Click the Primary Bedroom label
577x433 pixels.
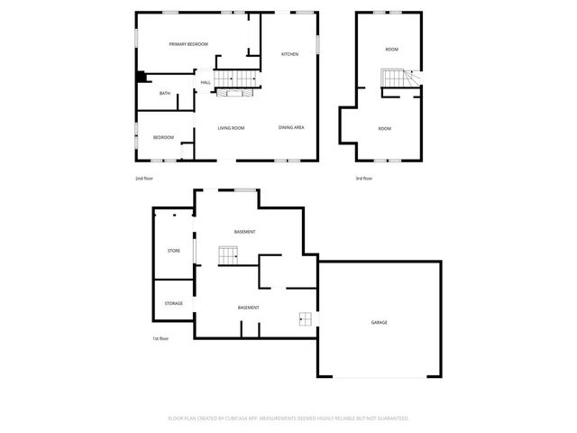[x=188, y=44]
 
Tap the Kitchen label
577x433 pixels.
[x=289, y=55]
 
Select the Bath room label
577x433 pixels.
[x=165, y=94]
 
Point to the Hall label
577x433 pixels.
[x=206, y=83]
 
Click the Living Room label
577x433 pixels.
[x=231, y=128]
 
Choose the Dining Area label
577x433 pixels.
[x=291, y=127]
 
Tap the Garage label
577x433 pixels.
[x=380, y=322]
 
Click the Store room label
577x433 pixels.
[x=174, y=251]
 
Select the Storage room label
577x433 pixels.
[x=174, y=303]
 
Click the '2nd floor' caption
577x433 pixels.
[x=144, y=179]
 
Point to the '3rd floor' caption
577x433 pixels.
[x=364, y=179]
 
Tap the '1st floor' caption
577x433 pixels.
[x=160, y=338]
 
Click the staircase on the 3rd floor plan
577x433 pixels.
[x=396, y=80]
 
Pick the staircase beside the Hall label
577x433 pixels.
[x=238, y=80]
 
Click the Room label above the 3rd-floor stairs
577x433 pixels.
[x=391, y=50]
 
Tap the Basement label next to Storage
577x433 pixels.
[x=248, y=308]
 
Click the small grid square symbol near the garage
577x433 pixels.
[x=306, y=318]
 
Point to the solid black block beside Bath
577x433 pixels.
[x=140, y=78]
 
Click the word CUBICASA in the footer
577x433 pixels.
[x=240, y=419]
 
